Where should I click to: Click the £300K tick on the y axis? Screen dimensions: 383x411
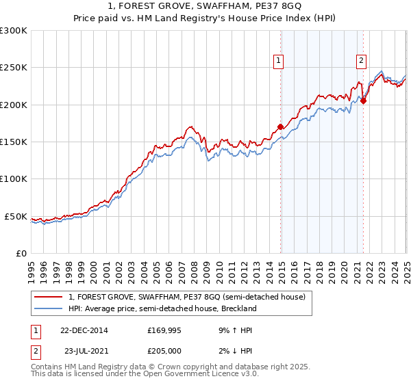click(14, 31)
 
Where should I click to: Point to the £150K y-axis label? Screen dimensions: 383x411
click(14, 142)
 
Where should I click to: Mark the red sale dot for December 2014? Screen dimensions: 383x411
click(281, 127)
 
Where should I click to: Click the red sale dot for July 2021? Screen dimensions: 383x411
click(363, 101)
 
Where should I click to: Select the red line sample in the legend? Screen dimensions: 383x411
click(49, 297)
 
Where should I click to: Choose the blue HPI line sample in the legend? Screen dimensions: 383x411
click(49, 309)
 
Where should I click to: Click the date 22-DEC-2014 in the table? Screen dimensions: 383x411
click(84, 330)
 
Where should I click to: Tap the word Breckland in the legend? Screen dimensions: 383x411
click(238, 309)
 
